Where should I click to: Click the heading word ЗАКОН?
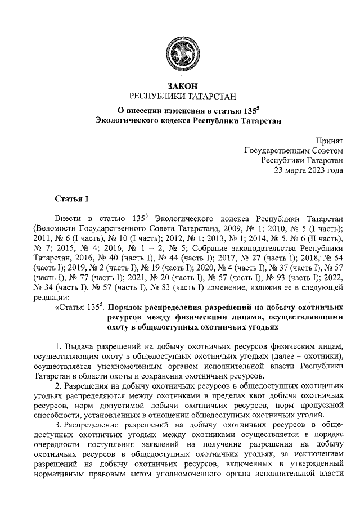(179, 86)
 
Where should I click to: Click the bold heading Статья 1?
(71, 198)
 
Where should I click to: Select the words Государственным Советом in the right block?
(293, 150)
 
